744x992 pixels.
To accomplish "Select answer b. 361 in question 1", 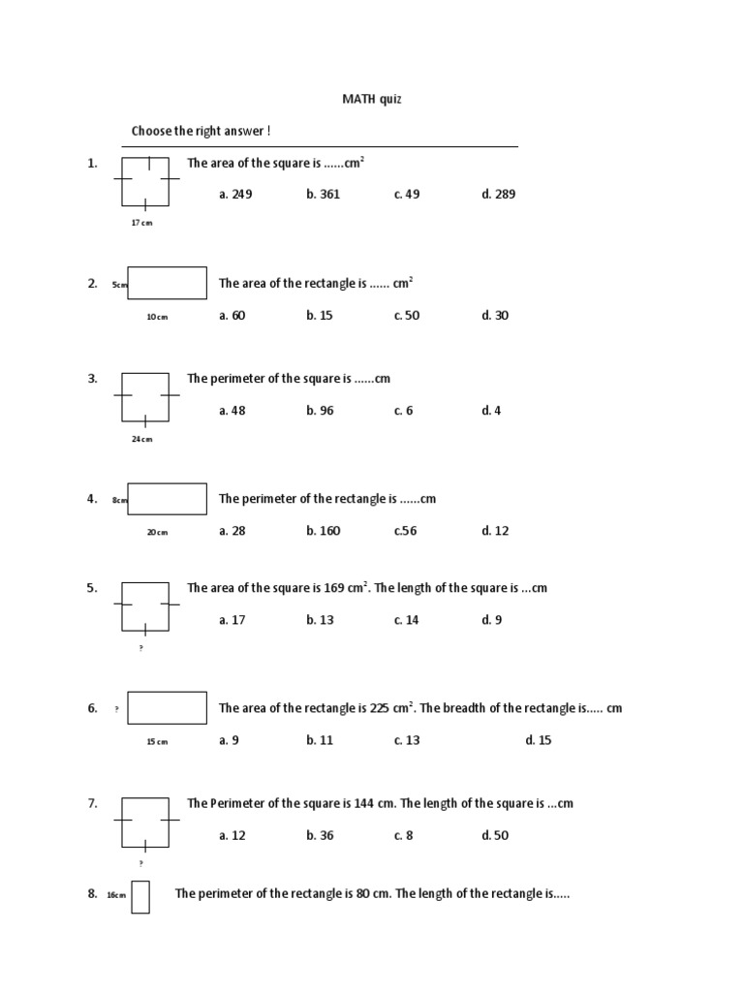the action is point(324,194).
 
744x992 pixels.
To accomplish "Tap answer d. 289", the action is point(499,194).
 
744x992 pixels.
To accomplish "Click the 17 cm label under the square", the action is point(141,223).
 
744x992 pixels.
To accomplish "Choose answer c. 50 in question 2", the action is point(407,315).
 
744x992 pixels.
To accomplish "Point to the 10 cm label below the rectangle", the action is point(157,317).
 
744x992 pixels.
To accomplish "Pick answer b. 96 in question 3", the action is point(321,410).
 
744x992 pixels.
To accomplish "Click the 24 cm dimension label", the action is point(142,439).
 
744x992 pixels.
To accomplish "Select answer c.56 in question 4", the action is point(405,530).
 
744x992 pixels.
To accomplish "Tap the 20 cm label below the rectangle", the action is point(157,532).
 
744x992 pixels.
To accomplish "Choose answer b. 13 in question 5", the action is point(321,620).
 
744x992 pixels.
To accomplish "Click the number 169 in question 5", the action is point(334,588).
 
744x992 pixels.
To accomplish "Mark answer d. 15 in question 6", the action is point(539,740).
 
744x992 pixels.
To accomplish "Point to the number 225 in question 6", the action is point(381,708).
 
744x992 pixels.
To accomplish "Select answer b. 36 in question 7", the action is point(321,835).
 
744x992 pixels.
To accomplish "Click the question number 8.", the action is point(92,894).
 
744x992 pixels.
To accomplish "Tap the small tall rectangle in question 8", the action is point(140,896).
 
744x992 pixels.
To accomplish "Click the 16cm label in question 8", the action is point(116,895).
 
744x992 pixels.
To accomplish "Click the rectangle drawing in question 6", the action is point(167,707).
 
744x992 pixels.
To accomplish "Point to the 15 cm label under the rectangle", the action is point(157,742).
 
